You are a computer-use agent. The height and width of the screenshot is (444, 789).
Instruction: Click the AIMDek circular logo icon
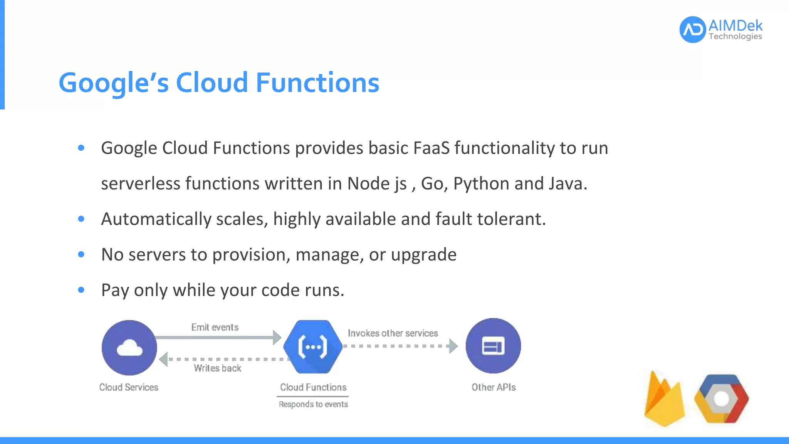(692, 30)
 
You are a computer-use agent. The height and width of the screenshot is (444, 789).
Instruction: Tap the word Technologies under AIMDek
(735, 37)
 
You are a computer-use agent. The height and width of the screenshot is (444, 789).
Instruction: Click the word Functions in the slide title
(317, 82)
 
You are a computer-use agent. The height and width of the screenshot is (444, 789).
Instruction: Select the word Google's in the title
(114, 83)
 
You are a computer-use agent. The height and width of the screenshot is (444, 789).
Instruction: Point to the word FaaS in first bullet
(431, 148)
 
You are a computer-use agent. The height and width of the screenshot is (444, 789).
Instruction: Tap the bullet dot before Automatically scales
(81, 219)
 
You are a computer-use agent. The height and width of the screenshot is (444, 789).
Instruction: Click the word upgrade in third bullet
(423, 255)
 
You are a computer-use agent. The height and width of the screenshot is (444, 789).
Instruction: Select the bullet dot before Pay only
(81, 290)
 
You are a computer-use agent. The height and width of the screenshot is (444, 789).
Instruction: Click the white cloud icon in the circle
(129, 348)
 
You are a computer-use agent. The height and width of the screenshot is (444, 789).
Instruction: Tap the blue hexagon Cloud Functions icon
(313, 347)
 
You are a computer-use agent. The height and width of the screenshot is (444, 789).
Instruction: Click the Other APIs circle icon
(493, 346)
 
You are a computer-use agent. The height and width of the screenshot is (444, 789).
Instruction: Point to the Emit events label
(215, 327)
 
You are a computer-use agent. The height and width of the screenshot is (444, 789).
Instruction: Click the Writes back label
(217, 368)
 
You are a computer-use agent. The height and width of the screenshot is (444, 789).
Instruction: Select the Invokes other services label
(393, 333)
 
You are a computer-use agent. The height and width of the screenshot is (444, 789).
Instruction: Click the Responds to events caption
(313, 404)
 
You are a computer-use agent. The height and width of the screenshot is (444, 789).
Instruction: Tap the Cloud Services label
(129, 387)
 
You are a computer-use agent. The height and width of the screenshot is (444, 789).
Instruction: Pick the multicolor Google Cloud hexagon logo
(721, 399)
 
